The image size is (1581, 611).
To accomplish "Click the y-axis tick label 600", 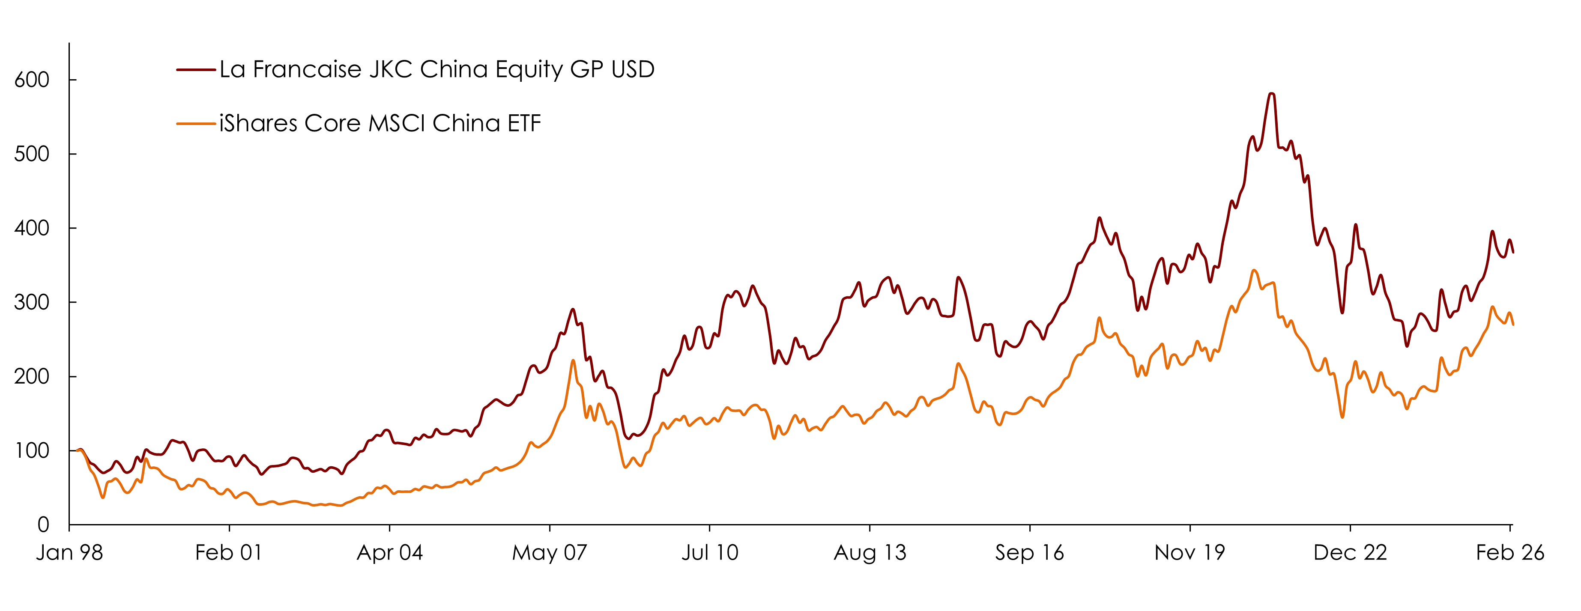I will coord(32,80).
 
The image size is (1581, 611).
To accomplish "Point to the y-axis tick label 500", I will coord(32,154).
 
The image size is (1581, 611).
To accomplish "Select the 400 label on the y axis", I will coord(32,228).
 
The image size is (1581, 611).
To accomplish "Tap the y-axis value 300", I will coord(32,302).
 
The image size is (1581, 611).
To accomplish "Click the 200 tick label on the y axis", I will coord(32,377).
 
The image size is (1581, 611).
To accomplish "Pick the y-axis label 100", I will coord(32,451).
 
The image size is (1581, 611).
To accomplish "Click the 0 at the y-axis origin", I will coord(43,525).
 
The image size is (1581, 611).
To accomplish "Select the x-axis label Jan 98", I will coord(69,553).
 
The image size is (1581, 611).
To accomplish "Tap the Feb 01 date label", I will coord(229,553).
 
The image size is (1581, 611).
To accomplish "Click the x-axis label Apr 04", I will coord(390,553).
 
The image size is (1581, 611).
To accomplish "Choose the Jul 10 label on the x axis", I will coord(710,553).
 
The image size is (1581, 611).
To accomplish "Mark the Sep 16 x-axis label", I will coord(1030,553).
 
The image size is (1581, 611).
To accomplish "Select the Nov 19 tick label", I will coord(1189,553).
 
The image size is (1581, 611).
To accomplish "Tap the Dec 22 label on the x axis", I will coord(1350,553).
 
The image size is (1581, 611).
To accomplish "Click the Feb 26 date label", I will coord(1510,553).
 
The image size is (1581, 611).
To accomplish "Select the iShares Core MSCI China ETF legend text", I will coord(380,124).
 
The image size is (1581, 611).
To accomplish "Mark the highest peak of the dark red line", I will coord(1271,94).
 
